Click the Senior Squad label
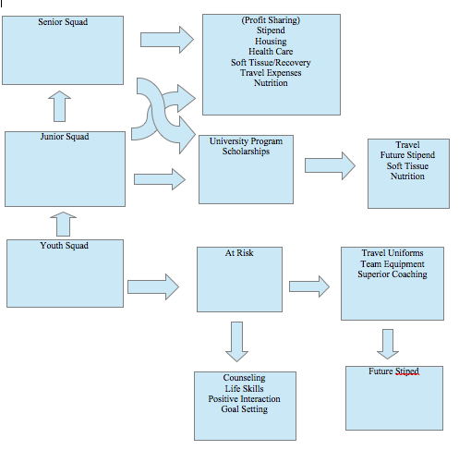pos(63,22)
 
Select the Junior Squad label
pos(65,137)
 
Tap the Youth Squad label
pos(65,246)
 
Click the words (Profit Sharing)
pos(271,20)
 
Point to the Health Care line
pos(271,52)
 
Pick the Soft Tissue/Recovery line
pos(271,63)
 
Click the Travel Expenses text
pos(271,73)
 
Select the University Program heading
pos(246,141)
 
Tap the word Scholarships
pos(246,152)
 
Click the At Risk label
pos(239,253)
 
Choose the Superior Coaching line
pos(393,274)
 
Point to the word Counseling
pos(245,378)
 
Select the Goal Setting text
pos(245,409)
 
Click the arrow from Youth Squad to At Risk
pos(153,286)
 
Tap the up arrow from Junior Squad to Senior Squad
pos(59,106)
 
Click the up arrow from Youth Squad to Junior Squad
pos(63,224)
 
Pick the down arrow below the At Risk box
pos(236,342)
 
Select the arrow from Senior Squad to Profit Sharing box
pos(167,40)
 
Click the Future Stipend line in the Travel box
pos(407,155)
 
